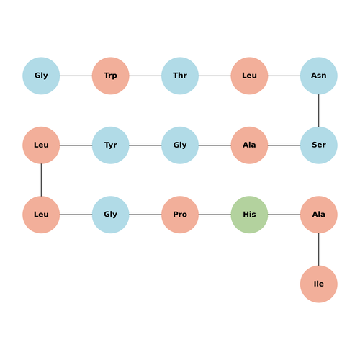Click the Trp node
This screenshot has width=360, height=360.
111,76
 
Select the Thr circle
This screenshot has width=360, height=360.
180,76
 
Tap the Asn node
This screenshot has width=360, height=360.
319,76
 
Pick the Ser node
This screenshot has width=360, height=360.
319,145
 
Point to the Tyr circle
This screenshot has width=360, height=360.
111,145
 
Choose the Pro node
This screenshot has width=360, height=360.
180,215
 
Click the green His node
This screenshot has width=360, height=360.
249,215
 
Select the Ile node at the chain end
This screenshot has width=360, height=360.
319,284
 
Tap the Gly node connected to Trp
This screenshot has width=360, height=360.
41,76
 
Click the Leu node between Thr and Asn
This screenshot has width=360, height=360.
249,76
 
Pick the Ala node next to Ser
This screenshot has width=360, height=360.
249,145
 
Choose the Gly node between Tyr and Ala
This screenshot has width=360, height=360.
180,145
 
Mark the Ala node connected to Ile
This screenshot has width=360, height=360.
319,215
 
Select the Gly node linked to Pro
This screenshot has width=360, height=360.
111,215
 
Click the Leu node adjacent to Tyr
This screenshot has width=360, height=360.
41,145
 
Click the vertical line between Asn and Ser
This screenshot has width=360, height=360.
319,111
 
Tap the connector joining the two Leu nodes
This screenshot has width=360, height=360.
41,180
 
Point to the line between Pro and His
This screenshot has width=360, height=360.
215,215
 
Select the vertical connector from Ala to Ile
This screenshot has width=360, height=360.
319,249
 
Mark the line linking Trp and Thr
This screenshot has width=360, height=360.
145,76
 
